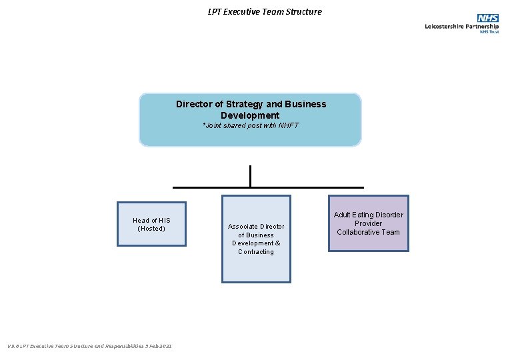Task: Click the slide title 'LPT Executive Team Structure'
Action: (264, 11)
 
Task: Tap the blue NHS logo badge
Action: (487, 18)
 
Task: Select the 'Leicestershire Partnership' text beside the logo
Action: (461, 27)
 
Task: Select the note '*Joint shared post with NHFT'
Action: (250, 125)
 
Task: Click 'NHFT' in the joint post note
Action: (289, 125)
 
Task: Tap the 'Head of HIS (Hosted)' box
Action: (151, 224)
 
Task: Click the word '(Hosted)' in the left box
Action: (151, 229)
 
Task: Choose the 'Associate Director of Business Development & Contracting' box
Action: (256, 239)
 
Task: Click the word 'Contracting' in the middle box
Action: (256, 252)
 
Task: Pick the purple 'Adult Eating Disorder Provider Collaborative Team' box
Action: (368, 223)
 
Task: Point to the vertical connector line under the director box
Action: (250, 176)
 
